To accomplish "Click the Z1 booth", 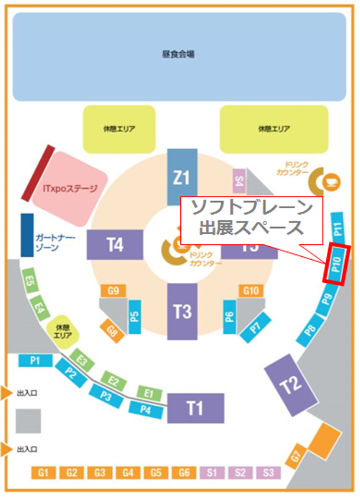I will coord(182,176).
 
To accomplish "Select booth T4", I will coord(115,244).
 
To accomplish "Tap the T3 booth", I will coord(182,311).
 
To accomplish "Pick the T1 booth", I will coord(195,408).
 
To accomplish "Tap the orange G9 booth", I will coord(114,291).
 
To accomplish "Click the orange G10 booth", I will coord(251,291).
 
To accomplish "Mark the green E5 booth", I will coord(28,279).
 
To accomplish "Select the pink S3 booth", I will coord(268,473).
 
